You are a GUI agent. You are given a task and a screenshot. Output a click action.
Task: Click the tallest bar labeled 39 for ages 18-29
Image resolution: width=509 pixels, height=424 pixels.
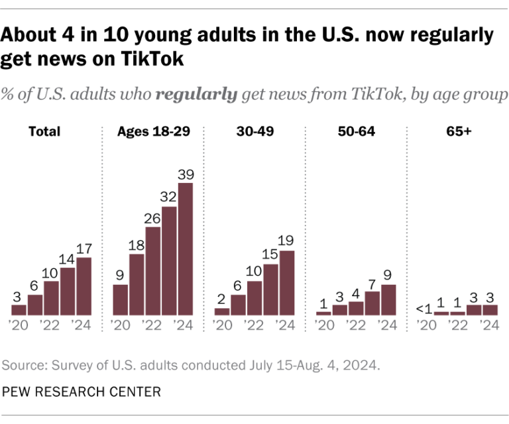coord(186,248)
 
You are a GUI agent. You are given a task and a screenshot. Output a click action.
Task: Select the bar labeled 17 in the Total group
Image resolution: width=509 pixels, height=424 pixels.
coord(84,286)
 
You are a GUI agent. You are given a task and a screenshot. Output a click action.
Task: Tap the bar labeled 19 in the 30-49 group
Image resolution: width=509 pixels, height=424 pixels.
coord(287,282)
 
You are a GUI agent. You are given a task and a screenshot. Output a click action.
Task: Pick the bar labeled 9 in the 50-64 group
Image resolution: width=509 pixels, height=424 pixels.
coord(388,299)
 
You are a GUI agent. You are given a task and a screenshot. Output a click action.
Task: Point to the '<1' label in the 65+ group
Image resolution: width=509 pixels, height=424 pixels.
coord(424,307)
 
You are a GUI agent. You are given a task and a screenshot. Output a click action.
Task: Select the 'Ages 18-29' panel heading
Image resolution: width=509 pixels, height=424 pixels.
coord(153,131)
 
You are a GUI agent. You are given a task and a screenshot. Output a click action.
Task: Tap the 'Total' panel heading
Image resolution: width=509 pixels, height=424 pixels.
coord(44,131)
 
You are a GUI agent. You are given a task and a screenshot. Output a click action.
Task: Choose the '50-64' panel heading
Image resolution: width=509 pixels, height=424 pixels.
coord(357,131)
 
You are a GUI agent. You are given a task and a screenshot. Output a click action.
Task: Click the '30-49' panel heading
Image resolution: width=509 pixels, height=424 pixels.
coord(255,131)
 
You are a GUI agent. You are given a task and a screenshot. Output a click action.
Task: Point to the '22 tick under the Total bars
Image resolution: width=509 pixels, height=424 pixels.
coord(50,325)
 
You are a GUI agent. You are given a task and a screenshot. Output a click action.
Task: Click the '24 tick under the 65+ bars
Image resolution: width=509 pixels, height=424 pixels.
coord(488,325)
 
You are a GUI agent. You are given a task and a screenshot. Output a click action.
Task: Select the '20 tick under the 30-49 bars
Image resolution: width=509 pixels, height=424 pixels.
coord(221,325)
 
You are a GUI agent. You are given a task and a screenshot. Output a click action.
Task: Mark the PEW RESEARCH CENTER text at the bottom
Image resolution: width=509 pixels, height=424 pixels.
coord(81,392)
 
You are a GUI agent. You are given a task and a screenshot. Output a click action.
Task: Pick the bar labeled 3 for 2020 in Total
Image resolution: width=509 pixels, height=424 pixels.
coord(19,309)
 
